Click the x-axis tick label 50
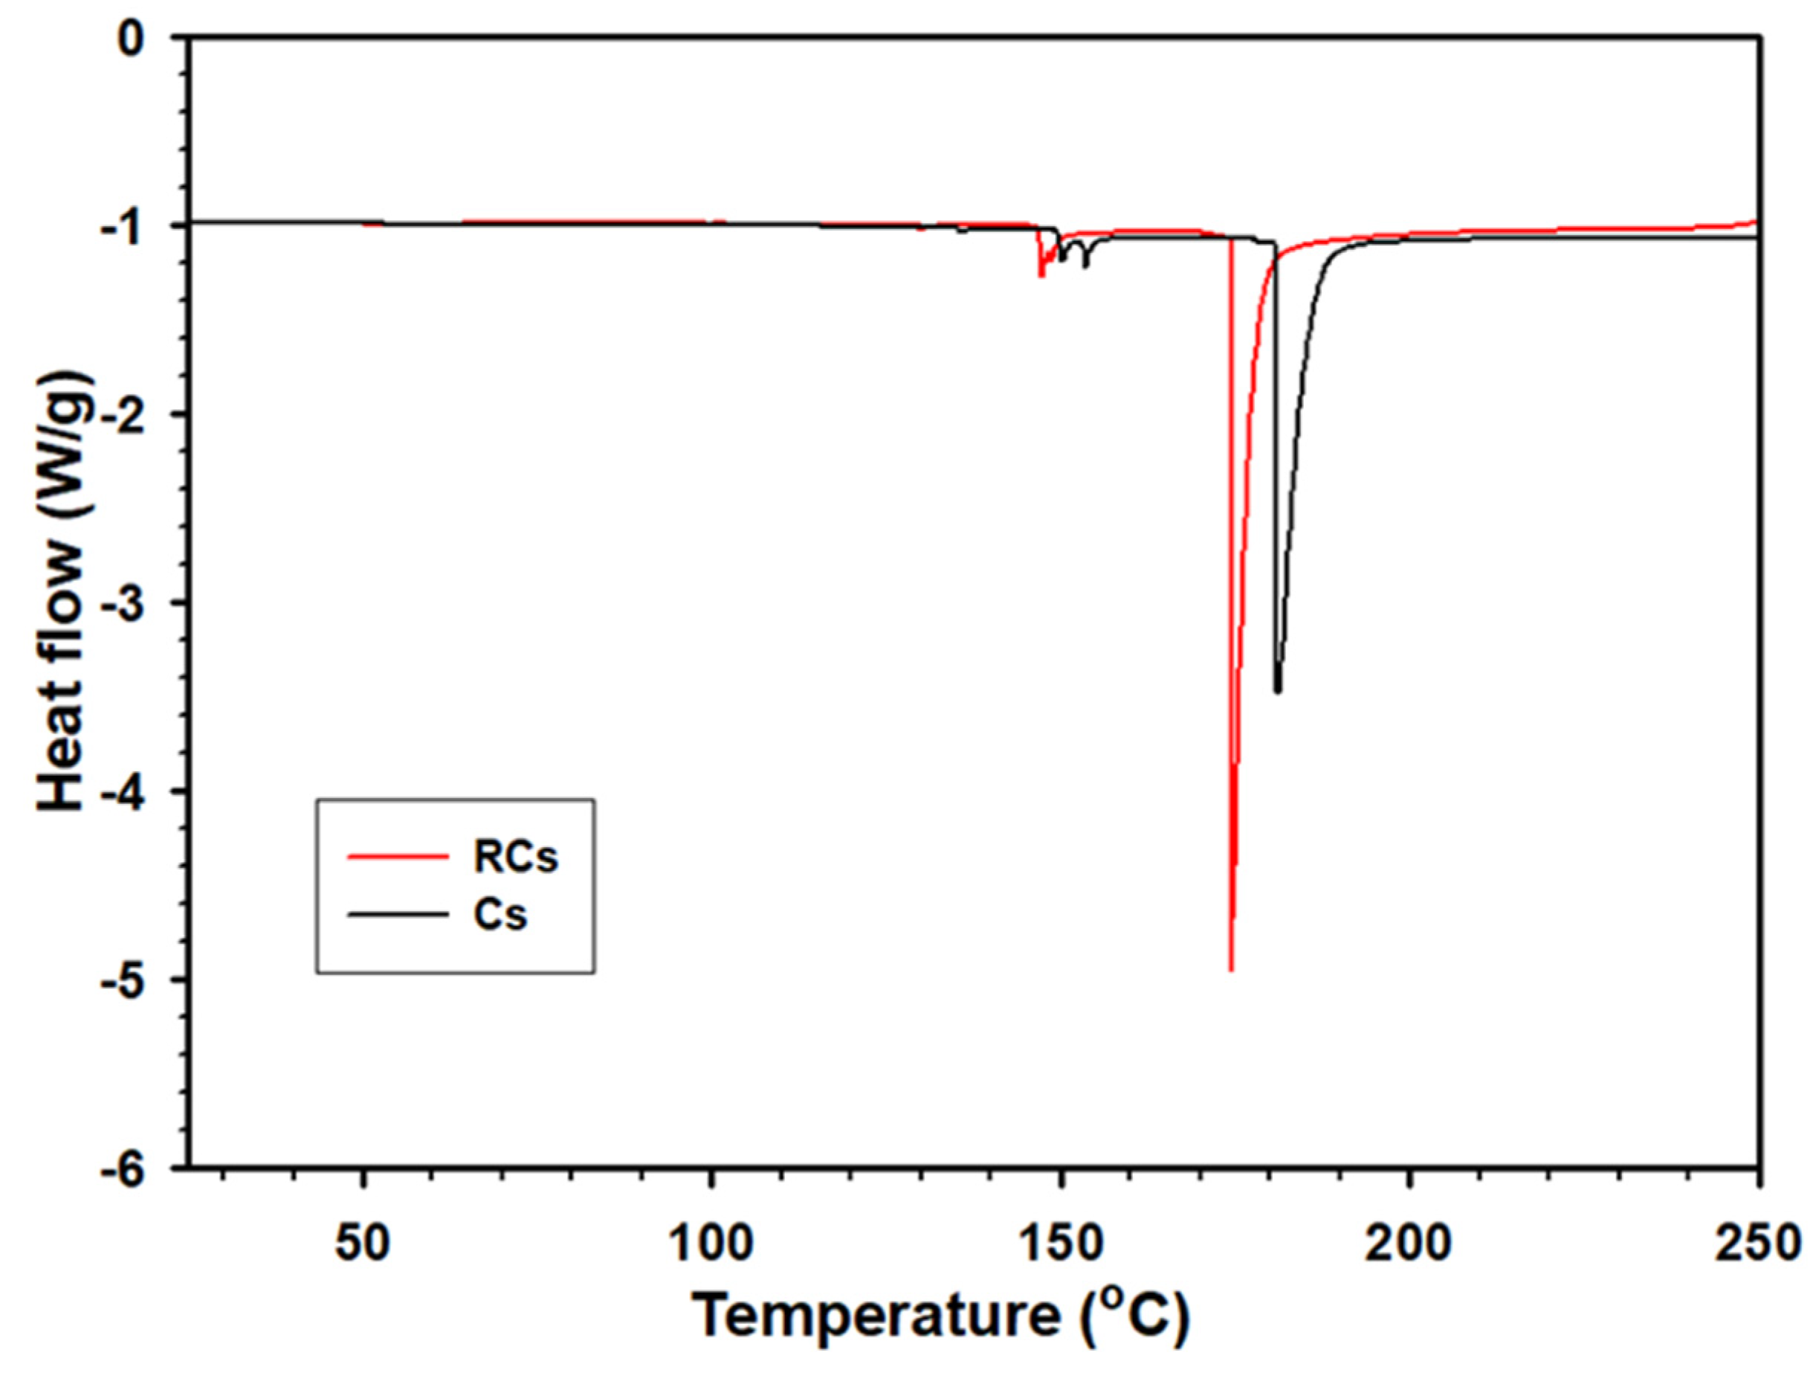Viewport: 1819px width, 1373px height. [362, 1244]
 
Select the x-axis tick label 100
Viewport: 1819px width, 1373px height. [711, 1244]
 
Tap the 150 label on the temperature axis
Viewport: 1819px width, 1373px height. [1061, 1244]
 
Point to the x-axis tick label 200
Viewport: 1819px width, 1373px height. [1409, 1244]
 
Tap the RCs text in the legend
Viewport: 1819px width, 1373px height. [516, 858]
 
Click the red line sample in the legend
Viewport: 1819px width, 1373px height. [398, 858]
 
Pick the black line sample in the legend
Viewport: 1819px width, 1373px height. [398, 915]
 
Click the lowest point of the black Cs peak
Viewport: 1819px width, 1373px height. [1277, 691]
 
